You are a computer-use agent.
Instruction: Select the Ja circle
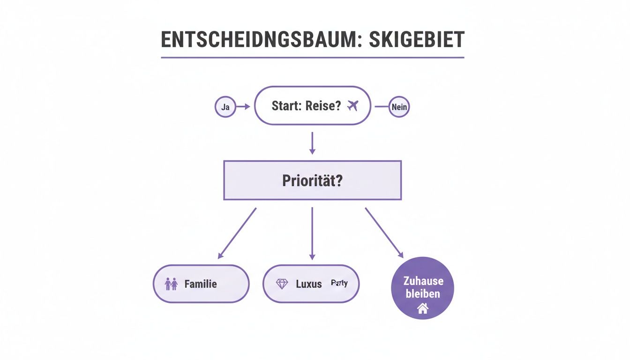[225, 107]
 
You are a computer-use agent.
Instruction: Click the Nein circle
[399, 107]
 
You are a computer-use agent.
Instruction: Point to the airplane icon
[352, 106]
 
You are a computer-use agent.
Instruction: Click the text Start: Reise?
[306, 106]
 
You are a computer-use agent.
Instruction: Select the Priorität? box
[312, 180]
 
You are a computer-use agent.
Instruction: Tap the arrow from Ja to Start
[243, 107]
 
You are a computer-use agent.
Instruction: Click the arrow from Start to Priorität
[312, 143]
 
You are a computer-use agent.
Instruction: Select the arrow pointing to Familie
[237, 233]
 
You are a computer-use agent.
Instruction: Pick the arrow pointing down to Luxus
[312, 233]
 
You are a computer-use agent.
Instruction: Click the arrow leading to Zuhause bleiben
[384, 232]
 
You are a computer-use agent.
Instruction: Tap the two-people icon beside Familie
[171, 284]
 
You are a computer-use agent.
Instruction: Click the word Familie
[201, 284]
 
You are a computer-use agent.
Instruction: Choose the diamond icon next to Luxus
[282, 284]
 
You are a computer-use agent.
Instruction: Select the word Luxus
[309, 284]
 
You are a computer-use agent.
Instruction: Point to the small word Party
[339, 283]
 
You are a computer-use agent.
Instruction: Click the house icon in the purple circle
[423, 308]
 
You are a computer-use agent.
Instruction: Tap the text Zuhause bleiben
[423, 288]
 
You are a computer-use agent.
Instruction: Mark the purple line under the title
[312, 58]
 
